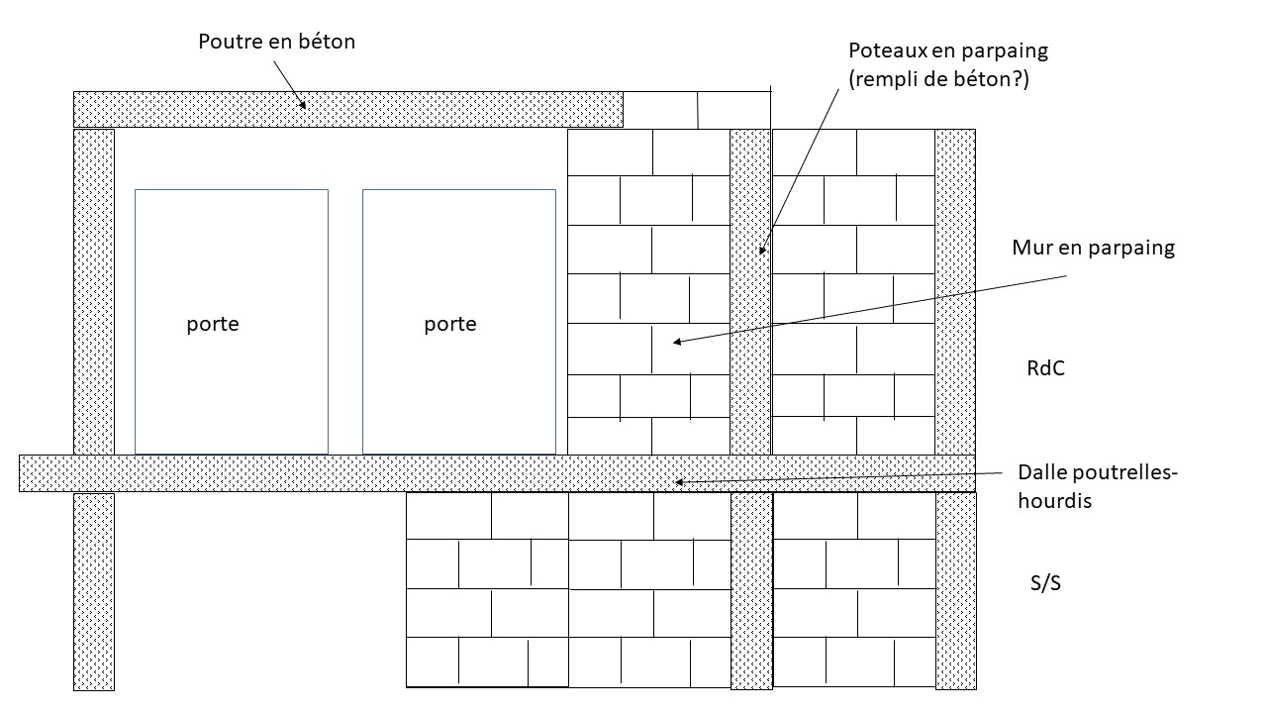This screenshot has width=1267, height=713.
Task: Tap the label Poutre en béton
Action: click(276, 42)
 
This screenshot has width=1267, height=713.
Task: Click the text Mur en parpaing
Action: click(1093, 248)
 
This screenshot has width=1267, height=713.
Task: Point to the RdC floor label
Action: click(1045, 369)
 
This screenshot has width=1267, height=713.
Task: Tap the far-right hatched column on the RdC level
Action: click(955, 291)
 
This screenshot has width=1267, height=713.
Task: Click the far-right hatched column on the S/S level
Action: click(955, 590)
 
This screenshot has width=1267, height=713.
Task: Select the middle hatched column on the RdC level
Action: click(749, 291)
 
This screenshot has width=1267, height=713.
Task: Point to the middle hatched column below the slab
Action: click(750, 590)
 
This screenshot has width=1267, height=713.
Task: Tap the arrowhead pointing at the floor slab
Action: click(680, 482)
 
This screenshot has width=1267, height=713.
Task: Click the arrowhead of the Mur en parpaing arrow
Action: click(676, 342)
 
